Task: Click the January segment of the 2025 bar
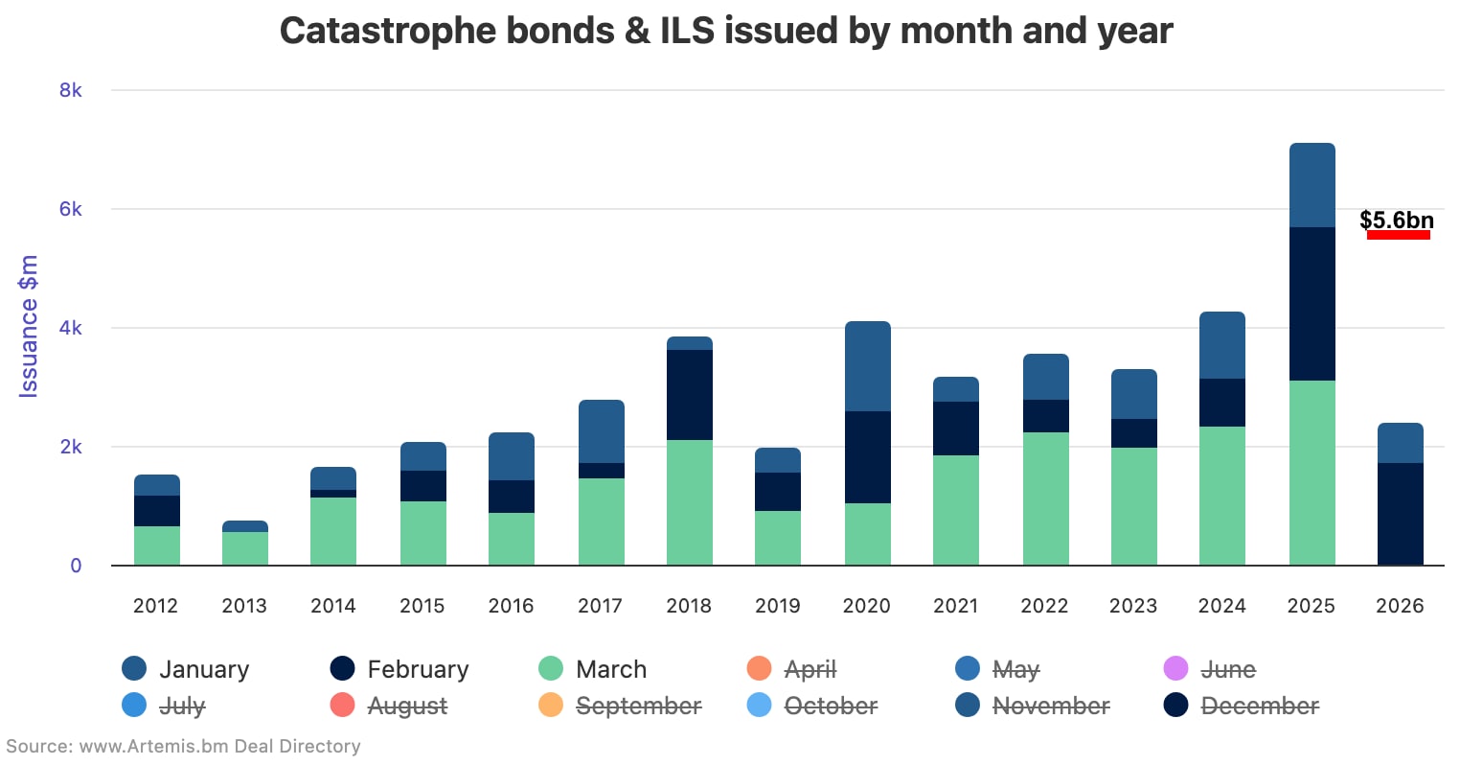tap(1312, 185)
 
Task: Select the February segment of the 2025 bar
tap(1312, 304)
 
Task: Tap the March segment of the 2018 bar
tap(689, 502)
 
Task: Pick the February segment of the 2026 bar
tap(1400, 514)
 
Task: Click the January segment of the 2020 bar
tap(867, 366)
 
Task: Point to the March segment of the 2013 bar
tap(244, 548)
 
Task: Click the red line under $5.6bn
tap(1398, 235)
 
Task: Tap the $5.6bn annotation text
tap(1396, 220)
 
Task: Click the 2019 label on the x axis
tap(777, 606)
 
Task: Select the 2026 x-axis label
tap(1400, 606)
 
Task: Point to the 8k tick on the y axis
tap(71, 90)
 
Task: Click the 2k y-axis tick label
tap(71, 447)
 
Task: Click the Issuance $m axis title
tap(29, 326)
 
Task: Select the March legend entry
tap(610, 669)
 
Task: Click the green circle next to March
tap(551, 669)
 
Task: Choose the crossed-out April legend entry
tap(810, 669)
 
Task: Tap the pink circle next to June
tap(1175, 669)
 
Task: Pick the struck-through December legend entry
tap(1259, 707)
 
